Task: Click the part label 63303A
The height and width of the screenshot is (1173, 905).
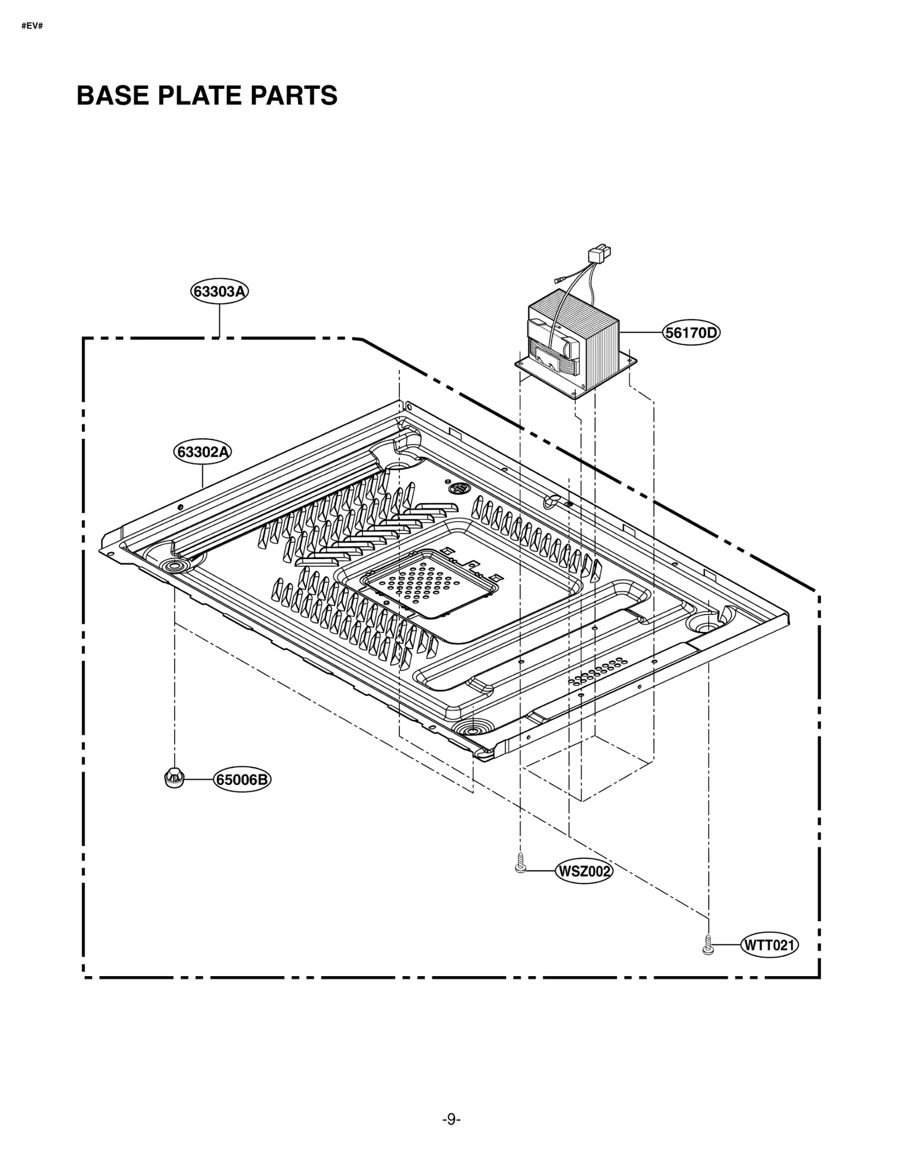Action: click(x=219, y=291)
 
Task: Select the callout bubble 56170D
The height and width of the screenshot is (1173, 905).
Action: click(x=691, y=333)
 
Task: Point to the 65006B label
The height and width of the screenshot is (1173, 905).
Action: click(x=243, y=780)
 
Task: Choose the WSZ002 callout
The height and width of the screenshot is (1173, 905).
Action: click(x=584, y=871)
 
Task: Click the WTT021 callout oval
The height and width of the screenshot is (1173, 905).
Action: click(x=769, y=945)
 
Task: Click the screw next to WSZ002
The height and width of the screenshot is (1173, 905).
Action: click(x=520, y=865)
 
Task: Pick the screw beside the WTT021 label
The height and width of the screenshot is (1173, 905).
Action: click(x=706, y=944)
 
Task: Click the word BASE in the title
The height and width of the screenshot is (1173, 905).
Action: click(x=113, y=96)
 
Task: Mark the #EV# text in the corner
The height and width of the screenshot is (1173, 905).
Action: click(x=32, y=27)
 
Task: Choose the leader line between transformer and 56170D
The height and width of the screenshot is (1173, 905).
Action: click(x=641, y=332)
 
